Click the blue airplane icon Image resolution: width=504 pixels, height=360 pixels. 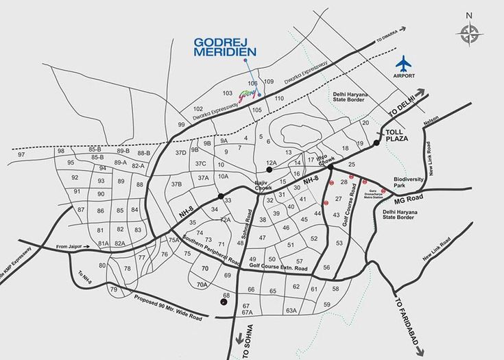pyautogui.click(x=405, y=62)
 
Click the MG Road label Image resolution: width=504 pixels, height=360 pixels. pyautogui.click(x=409, y=200)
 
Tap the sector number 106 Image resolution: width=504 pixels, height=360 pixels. pyautogui.click(x=253, y=82)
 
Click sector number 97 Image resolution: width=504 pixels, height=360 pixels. pyautogui.click(x=21, y=154)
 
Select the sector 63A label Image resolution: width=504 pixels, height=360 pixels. pyautogui.click(x=291, y=311)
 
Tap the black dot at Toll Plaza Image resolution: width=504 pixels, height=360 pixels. pyautogui.click(x=377, y=143)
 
